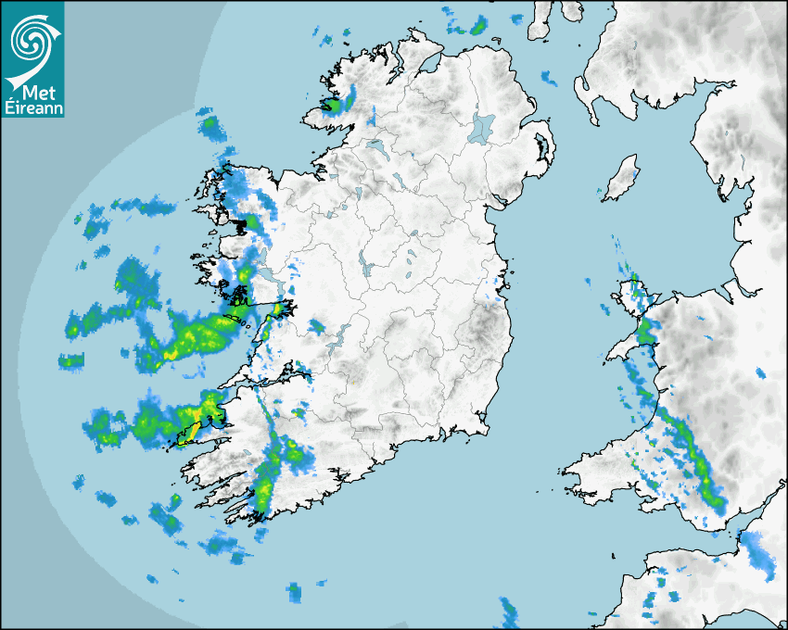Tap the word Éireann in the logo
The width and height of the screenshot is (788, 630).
pyautogui.click(x=32, y=108)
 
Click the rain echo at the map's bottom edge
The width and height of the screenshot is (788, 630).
pyautogui.click(x=508, y=611)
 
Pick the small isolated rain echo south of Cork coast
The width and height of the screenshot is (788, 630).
pyautogui.click(x=294, y=589)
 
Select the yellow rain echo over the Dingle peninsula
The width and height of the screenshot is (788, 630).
pyautogui.click(x=209, y=408)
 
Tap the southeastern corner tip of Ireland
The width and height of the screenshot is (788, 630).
pyautogui.click(x=486, y=429)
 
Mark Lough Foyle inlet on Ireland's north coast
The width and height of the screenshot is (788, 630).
pyautogui.click(x=429, y=65)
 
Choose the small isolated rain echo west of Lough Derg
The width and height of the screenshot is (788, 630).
pyautogui.click(x=316, y=326)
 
